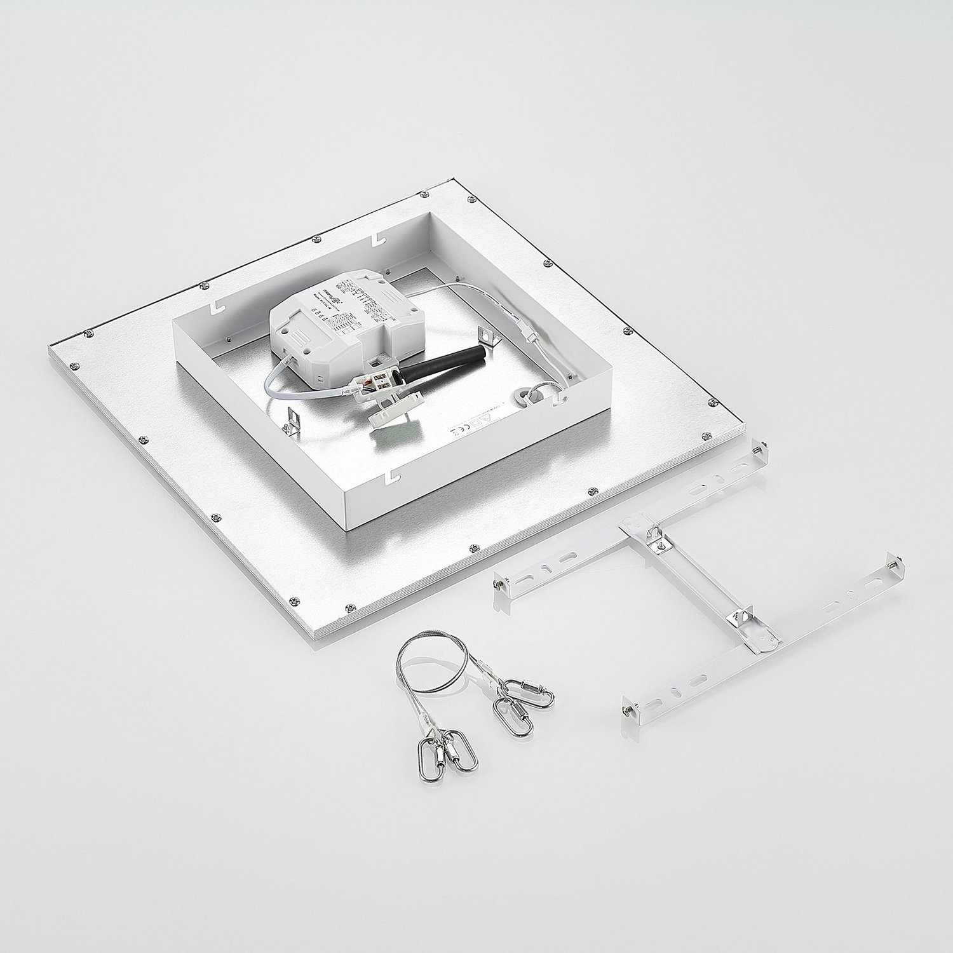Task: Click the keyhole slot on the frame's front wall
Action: [x=389, y=475]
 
